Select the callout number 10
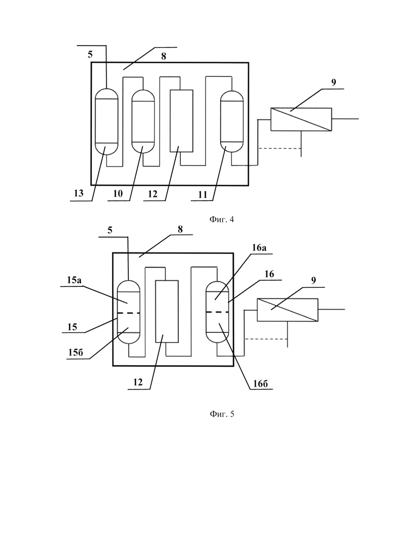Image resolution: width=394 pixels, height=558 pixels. (x=118, y=193)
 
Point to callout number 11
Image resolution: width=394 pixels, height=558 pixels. (x=203, y=195)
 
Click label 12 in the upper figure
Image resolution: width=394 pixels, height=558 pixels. (x=153, y=194)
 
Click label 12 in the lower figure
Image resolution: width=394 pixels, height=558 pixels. (x=138, y=382)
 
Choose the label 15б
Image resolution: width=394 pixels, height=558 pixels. (x=76, y=352)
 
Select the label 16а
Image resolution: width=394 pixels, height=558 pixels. (x=259, y=248)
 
